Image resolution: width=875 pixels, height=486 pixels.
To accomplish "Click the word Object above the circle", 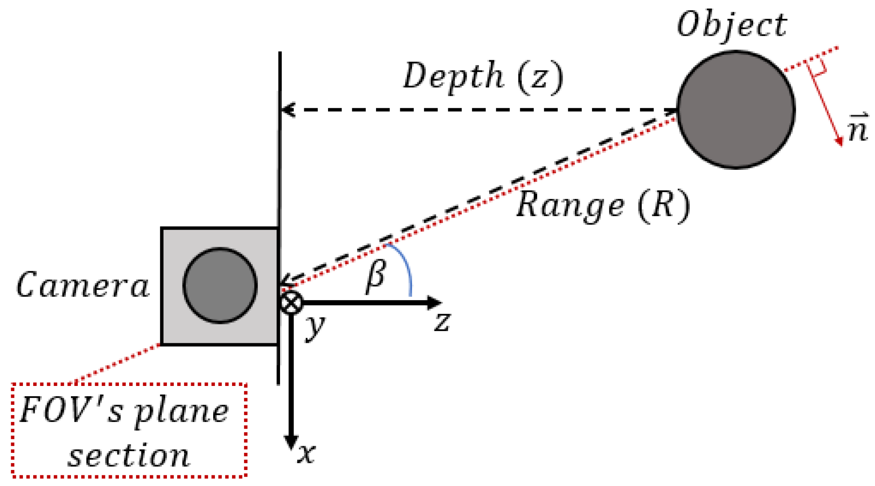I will click(732, 25).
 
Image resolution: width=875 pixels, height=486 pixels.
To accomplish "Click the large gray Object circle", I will click(736, 110).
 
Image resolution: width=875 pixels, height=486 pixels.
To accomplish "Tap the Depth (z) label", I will click(483, 76).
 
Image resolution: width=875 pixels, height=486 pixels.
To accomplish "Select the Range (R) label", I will click(603, 205).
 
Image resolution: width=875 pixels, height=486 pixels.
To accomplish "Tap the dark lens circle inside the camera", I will click(220, 285).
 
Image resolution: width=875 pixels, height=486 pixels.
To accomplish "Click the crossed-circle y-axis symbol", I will click(291, 303).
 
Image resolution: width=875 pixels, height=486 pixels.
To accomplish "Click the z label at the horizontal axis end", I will click(442, 321).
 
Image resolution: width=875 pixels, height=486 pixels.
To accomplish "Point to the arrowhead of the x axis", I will click(291, 443).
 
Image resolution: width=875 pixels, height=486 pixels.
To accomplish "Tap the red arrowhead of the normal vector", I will click(839, 141).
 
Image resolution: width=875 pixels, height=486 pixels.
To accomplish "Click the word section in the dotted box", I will click(129, 456).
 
